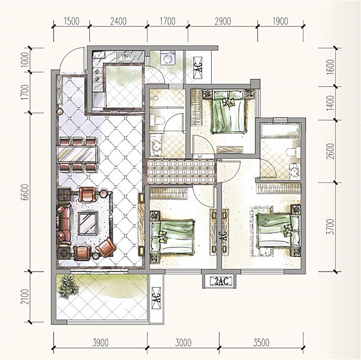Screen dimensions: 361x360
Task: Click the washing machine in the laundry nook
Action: pyautogui.click(x=168, y=58)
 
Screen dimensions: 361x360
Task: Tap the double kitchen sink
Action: pyautogui.click(x=123, y=57)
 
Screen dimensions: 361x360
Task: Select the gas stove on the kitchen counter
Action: pyautogui.click(x=98, y=75)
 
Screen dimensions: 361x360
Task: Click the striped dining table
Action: pyautogui.click(x=78, y=154)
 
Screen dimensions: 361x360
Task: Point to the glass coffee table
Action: pyautogui.click(x=88, y=223)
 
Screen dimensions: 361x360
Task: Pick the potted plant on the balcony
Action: pyautogui.click(x=68, y=285)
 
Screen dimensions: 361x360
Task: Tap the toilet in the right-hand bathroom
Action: pyautogui.click(x=293, y=152)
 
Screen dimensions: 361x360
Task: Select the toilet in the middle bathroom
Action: pyautogui.click(x=157, y=120)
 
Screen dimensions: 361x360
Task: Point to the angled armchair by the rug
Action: pyautogui.click(x=106, y=247)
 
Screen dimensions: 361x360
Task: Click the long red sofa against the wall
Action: pyautogui.click(x=64, y=223)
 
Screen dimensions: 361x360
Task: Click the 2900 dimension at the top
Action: pyautogui.click(x=223, y=21)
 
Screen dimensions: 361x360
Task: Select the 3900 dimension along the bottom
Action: pyautogui.click(x=100, y=343)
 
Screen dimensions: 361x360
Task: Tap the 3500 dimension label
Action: pyautogui.click(x=261, y=343)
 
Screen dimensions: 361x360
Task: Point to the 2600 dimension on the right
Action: pyautogui.click(x=330, y=151)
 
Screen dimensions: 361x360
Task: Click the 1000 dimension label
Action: pyautogui.click(x=25, y=60)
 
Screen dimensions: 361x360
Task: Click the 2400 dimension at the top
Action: pyautogui.click(x=119, y=21)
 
